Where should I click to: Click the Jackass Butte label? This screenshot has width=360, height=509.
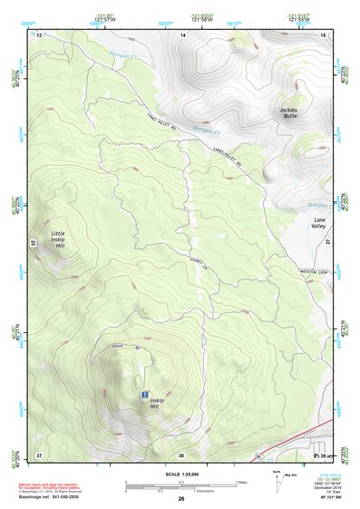click(x=288, y=113)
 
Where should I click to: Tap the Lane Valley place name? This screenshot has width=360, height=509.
click(x=318, y=223)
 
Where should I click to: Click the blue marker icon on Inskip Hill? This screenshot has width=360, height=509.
click(x=144, y=396)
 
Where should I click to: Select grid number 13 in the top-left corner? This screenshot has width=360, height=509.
click(x=39, y=34)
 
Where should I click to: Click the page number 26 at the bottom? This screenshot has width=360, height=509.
click(x=181, y=498)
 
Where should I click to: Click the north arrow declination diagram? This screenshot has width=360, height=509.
click(x=278, y=477)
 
